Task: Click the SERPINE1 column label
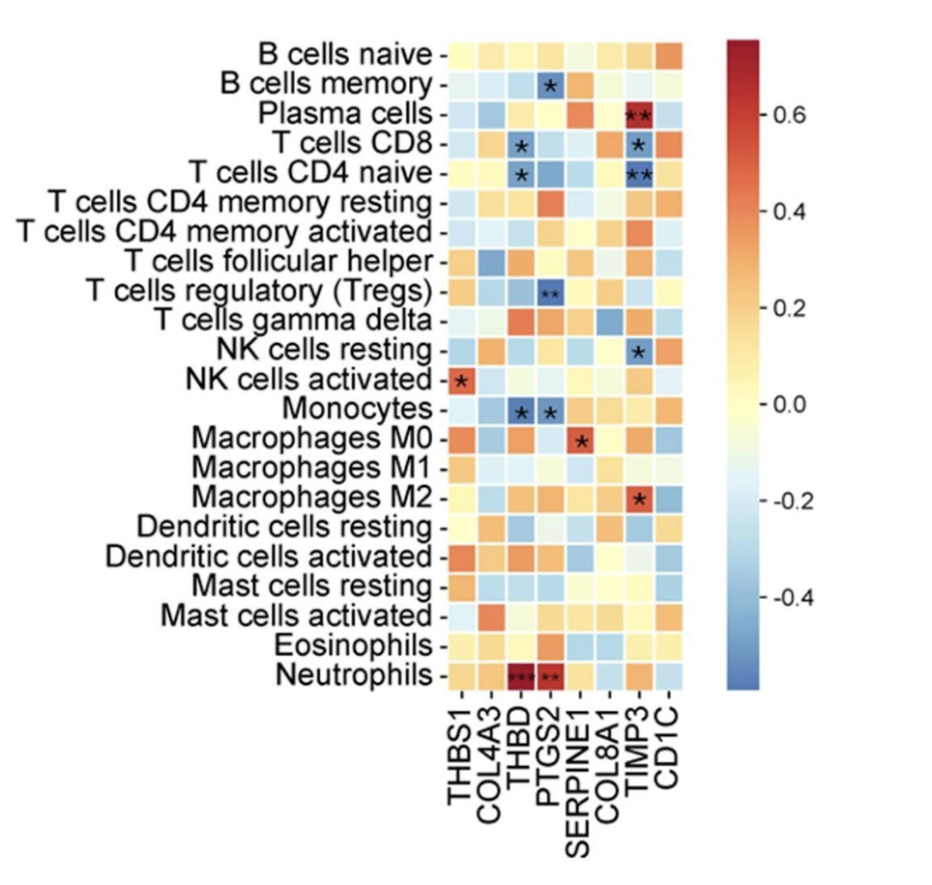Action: tap(579, 774)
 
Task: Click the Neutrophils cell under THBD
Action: tap(520, 675)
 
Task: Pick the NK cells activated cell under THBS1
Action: tap(461, 381)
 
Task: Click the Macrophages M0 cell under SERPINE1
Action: tap(579, 440)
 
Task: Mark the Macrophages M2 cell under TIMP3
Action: tap(638, 499)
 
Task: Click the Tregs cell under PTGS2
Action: tap(549, 292)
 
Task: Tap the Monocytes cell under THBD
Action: tap(520, 410)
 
